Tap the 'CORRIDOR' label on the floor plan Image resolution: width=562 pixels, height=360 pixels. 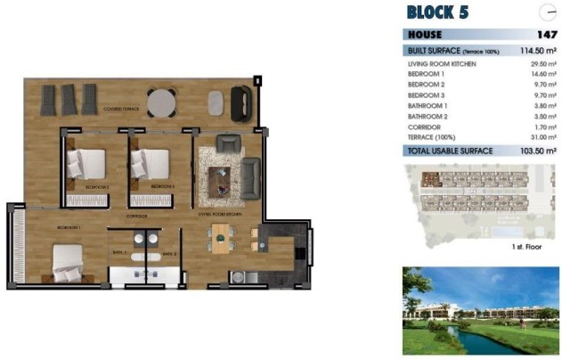(136, 217)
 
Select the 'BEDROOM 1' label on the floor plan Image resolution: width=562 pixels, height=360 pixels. (69, 228)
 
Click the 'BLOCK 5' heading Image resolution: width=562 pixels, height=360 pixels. (437, 12)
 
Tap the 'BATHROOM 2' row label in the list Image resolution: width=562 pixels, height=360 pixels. (428, 116)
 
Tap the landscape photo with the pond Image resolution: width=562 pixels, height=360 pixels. (480, 310)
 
